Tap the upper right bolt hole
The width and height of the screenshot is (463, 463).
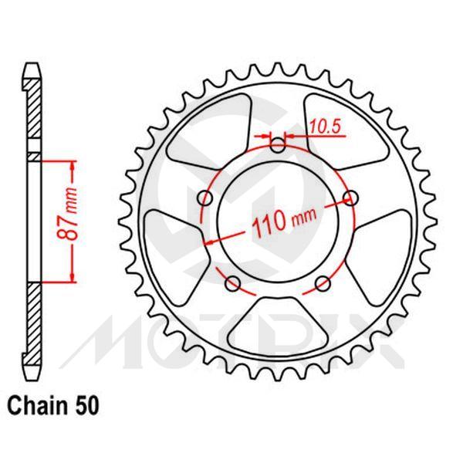click(x=352, y=198)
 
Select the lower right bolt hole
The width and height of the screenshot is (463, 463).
click(x=324, y=284)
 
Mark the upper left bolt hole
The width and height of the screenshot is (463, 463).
click(x=204, y=198)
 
